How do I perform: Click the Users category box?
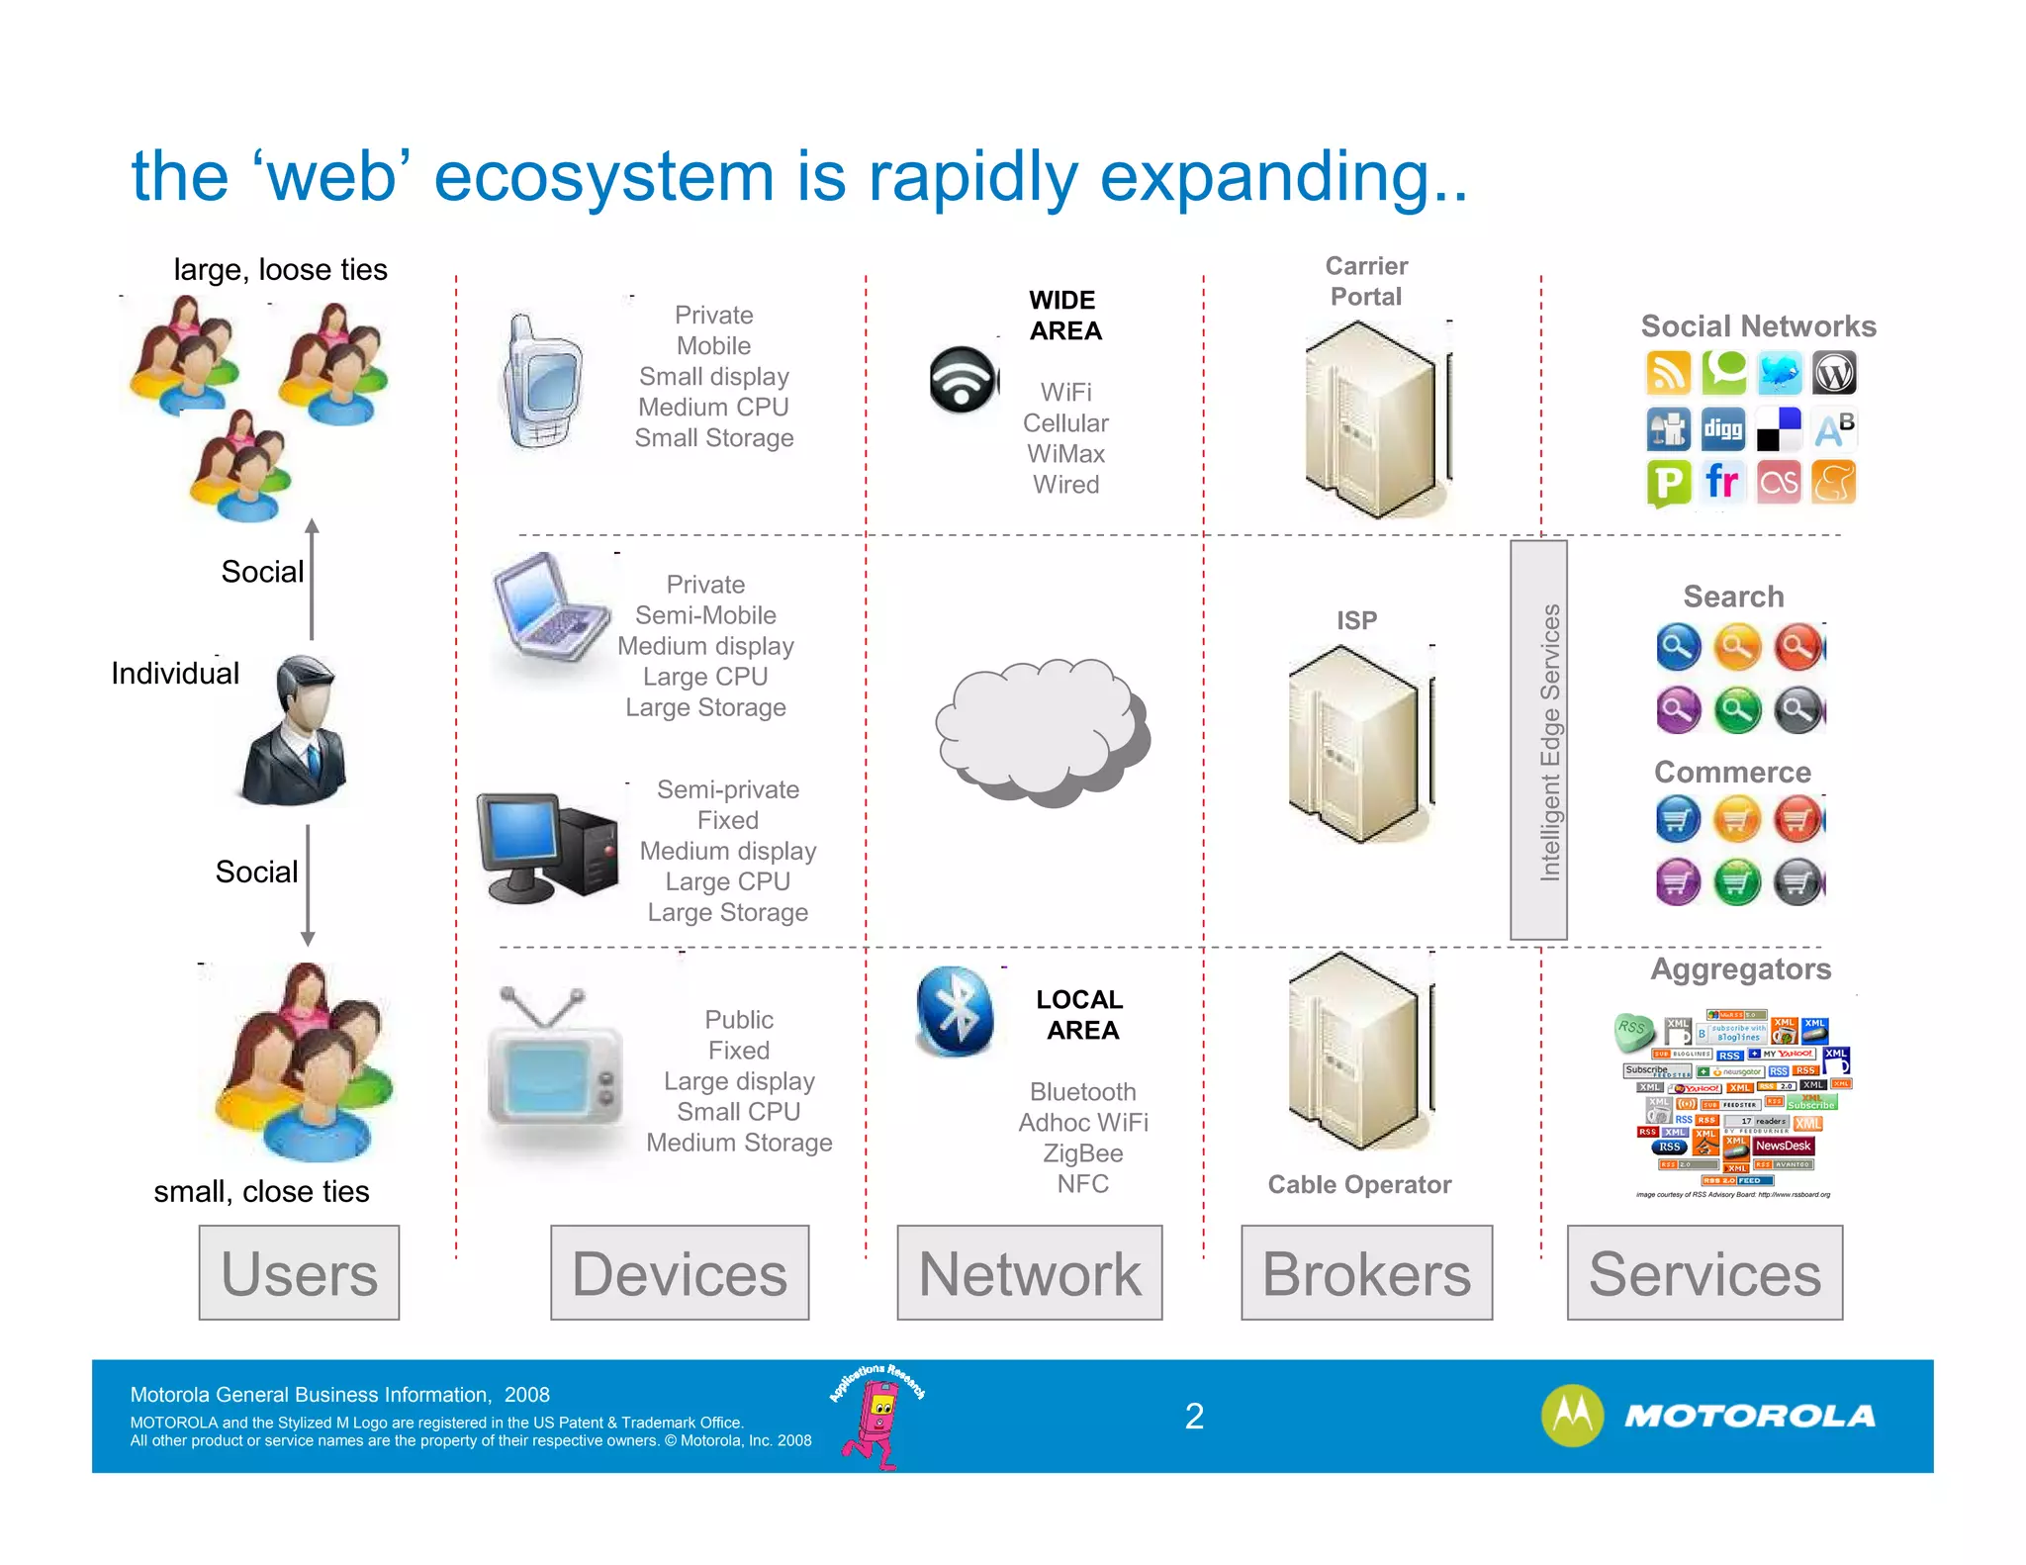(299, 1272)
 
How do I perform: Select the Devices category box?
(680, 1272)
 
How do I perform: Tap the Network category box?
(1029, 1272)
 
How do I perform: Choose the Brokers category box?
(1366, 1272)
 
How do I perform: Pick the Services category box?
(1704, 1272)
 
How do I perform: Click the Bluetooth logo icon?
(955, 1011)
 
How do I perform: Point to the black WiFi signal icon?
(963, 379)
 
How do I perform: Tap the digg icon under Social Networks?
(1722, 429)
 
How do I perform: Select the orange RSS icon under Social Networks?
(1668, 374)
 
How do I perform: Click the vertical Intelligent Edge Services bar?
(1538, 740)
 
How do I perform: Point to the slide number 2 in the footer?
(1194, 1417)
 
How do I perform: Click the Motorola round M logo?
(1572, 1416)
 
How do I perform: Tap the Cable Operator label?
(1359, 1184)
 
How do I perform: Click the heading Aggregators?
(1740, 968)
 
